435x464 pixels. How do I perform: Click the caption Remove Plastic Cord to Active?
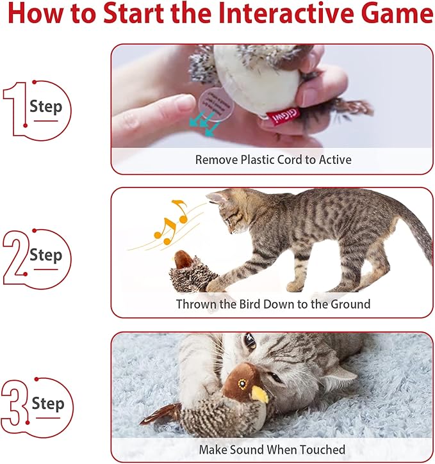(x=273, y=159)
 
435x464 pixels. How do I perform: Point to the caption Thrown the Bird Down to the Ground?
(x=273, y=304)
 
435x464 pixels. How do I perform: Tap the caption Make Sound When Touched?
(x=272, y=449)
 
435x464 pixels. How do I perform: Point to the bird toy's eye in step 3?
(x=242, y=383)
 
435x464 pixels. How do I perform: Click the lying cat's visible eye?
(x=249, y=342)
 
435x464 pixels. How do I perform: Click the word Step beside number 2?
(x=46, y=255)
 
